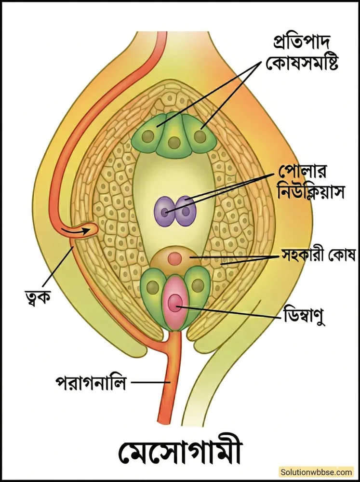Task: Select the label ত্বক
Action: (37, 294)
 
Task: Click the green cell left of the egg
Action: (154, 289)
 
